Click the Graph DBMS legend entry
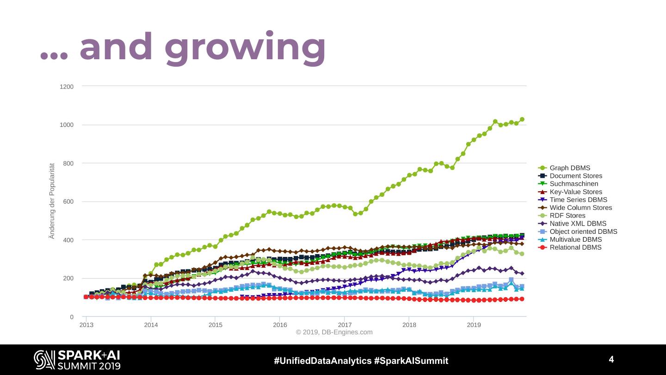tap(569, 168)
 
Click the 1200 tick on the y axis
tap(67, 87)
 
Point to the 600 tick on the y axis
tap(68, 202)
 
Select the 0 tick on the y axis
tap(71, 317)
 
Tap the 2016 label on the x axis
tap(280, 325)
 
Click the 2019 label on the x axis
tap(474, 325)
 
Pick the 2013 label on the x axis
tap(86, 325)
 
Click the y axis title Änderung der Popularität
tap(52, 200)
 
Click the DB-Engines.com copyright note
tap(334, 332)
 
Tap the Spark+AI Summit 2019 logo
tap(77, 360)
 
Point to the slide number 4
tap(611, 360)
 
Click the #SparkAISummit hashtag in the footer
tap(411, 361)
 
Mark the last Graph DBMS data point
tap(522, 119)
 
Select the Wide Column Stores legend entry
tap(580, 208)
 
